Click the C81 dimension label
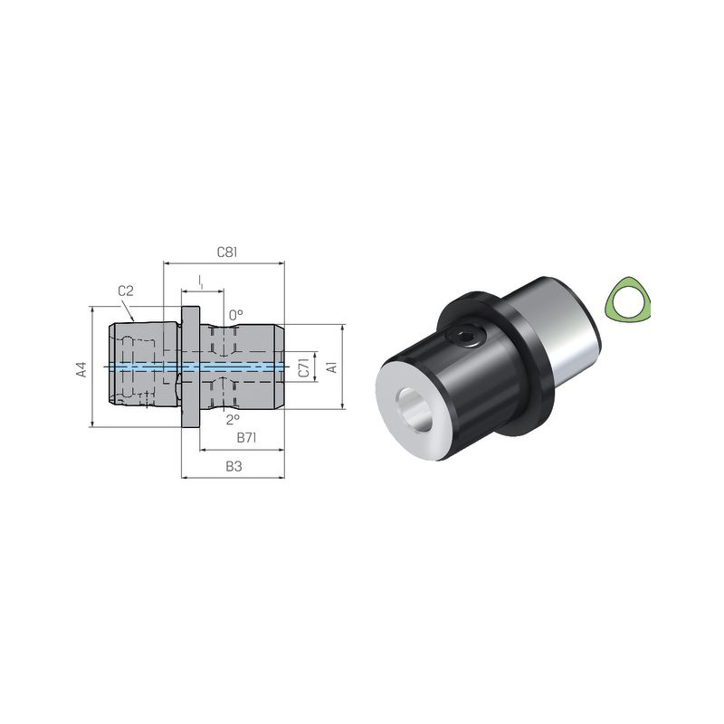pyautogui.click(x=227, y=252)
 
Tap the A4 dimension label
pyautogui.click(x=81, y=369)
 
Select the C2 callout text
pyautogui.click(x=126, y=291)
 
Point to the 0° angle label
pyautogui.click(x=235, y=315)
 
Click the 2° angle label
pyautogui.click(x=233, y=419)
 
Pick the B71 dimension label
pyautogui.click(x=246, y=437)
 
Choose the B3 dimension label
pyautogui.click(x=233, y=466)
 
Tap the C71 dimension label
pyautogui.click(x=303, y=367)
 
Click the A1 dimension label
pyautogui.click(x=332, y=367)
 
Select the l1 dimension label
pyautogui.click(x=200, y=281)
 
